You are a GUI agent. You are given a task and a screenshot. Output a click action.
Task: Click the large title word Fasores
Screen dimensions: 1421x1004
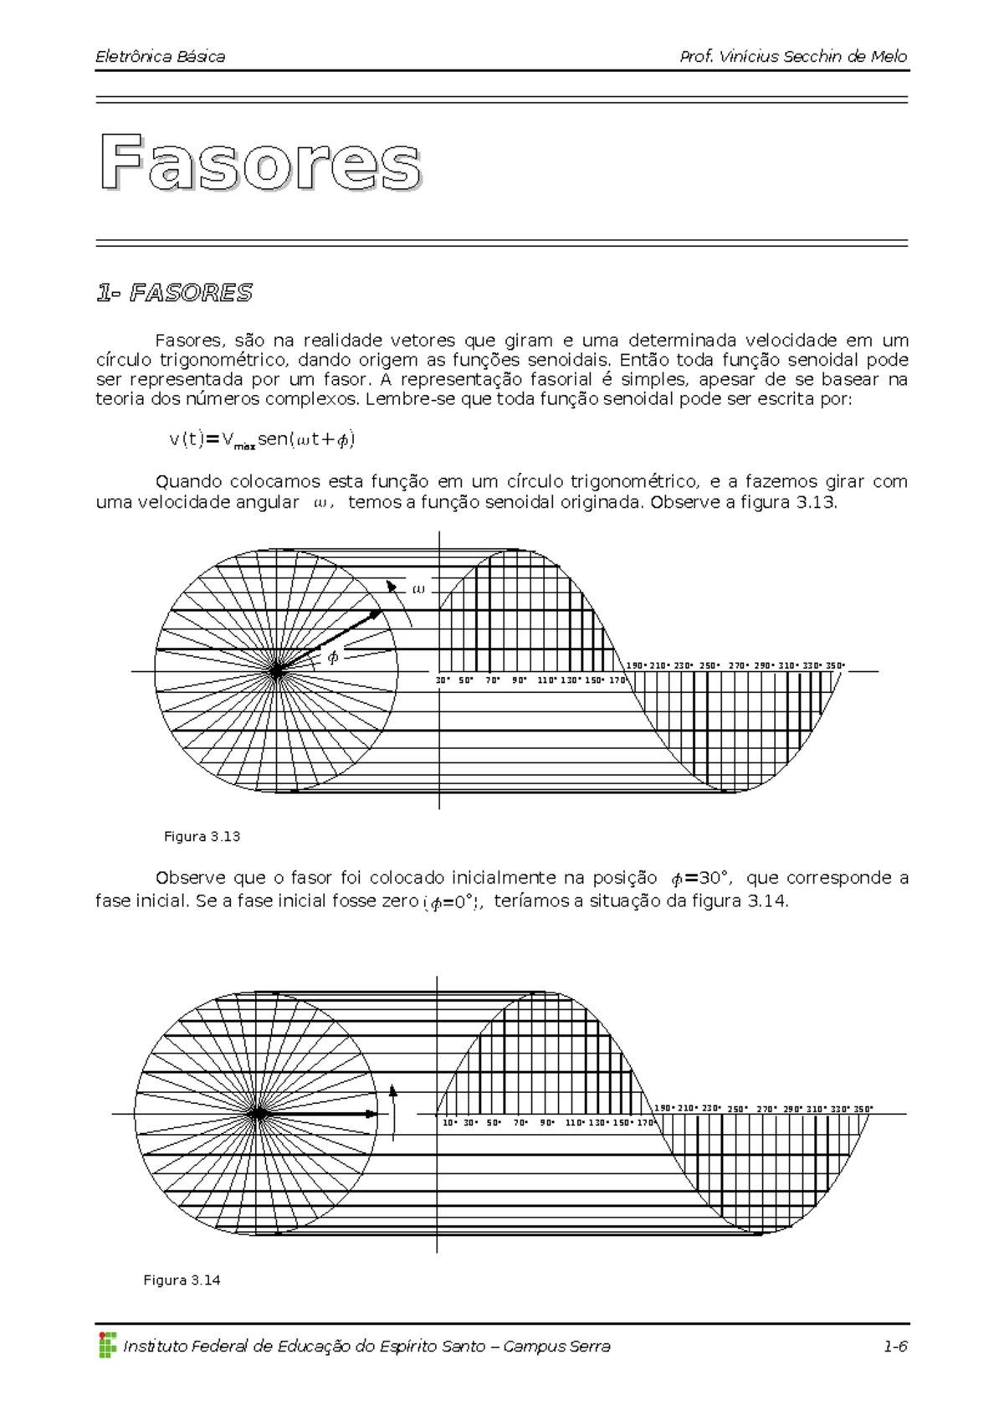click(260, 163)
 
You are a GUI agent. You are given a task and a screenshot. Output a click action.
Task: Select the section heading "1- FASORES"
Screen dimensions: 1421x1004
click(174, 293)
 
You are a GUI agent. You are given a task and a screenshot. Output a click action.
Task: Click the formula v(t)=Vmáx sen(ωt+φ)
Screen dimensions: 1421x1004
click(262, 439)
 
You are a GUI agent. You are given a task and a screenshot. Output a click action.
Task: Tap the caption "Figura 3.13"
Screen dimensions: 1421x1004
click(202, 836)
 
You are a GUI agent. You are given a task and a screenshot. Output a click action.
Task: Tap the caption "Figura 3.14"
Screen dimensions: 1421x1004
click(182, 1280)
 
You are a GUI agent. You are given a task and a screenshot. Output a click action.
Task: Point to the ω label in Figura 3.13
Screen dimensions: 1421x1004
click(418, 589)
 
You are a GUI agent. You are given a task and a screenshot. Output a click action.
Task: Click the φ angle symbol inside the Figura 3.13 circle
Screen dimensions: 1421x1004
click(333, 657)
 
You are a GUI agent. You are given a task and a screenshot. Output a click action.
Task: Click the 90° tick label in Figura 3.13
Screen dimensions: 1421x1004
click(520, 680)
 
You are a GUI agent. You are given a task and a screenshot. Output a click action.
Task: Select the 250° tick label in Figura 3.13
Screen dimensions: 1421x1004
click(709, 666)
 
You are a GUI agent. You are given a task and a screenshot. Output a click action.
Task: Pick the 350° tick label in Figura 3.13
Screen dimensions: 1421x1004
click(835, 666)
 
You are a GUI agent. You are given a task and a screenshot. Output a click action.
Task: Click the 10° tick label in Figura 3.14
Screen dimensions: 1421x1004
click(449, 1123)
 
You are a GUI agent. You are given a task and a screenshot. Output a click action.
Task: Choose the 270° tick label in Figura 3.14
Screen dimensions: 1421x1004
click(766, 1110)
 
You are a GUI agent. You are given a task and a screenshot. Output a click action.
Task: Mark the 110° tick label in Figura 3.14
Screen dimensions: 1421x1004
click(575, 1123)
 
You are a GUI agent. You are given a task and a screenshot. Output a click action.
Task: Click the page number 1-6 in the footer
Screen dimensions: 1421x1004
click(894, 1347)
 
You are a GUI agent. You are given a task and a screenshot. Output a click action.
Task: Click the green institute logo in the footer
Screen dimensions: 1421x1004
click(107, 1345)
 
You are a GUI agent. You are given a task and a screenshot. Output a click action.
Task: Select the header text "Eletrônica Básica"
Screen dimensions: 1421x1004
click(160, 57)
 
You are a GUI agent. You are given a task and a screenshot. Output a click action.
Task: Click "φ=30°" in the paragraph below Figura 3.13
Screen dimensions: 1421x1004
click(700, 878)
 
